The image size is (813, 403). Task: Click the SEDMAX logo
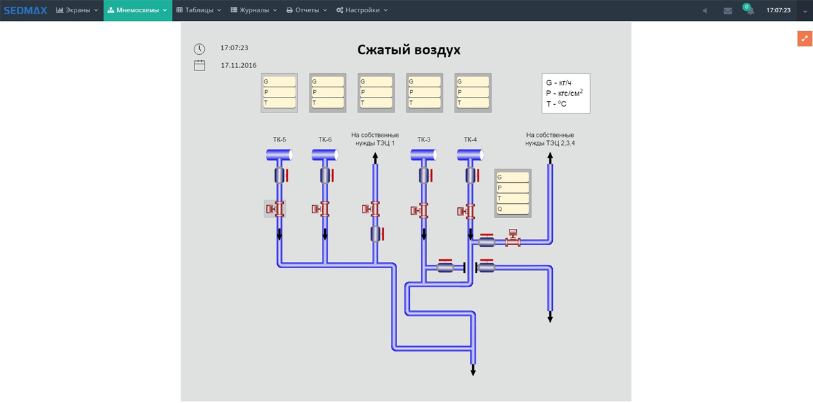[26, 10]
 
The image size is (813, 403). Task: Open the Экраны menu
[77, 10]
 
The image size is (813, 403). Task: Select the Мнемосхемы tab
[138, 10]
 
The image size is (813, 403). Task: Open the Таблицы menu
[199, 10]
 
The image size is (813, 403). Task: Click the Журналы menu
[253, 10]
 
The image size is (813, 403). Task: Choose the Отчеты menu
[307, 10]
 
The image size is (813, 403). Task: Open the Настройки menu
[362, 10]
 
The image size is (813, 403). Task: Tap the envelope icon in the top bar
[728, 11]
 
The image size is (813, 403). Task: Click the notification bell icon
[750, 11]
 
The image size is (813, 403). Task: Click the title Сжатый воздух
[409, 49]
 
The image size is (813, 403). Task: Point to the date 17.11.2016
[238, 65]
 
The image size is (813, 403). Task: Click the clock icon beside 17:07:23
[199, 49]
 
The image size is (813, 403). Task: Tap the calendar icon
[200, 65]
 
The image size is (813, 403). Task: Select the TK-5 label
[279, 140]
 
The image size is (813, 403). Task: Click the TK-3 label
[423, 140]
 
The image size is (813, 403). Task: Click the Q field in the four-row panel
[512, 209]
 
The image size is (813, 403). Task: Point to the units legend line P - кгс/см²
[564, 93]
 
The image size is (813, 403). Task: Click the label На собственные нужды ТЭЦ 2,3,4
[550, 139]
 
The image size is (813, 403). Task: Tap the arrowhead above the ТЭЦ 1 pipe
[375, 157]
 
